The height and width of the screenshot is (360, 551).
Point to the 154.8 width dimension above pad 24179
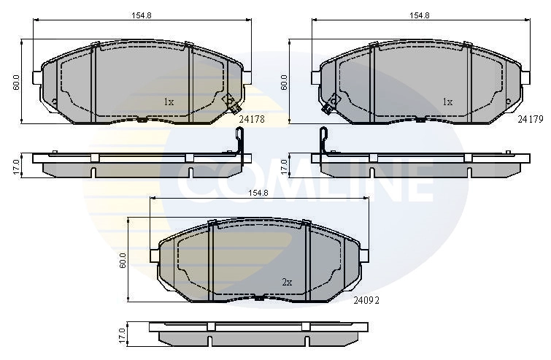point(418,15)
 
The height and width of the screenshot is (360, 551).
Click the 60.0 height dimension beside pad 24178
point(16,80)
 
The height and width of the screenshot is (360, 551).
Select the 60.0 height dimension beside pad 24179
point(285,80)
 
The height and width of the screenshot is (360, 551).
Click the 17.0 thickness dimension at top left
point(16,166)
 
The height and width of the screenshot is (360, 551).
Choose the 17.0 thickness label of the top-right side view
point(285,166)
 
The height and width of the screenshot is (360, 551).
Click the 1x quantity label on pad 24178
point(168,102)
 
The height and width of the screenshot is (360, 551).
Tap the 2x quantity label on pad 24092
point(287,281)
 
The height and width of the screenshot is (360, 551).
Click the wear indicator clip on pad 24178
point(228,102)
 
